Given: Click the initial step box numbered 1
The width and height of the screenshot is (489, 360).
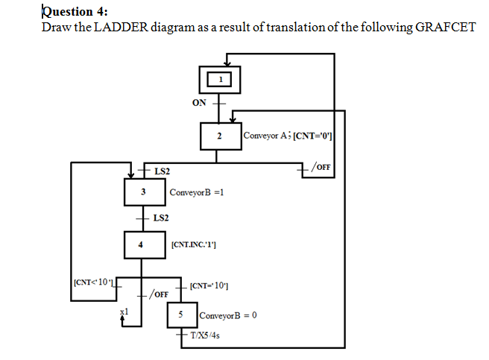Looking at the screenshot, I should tap(219, 78).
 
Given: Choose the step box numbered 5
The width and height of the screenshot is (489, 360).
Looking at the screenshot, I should tap(181, 315).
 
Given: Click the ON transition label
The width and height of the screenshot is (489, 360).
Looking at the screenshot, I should tap(199, 102).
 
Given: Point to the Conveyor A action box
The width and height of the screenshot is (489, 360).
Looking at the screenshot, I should tap(287, 136).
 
